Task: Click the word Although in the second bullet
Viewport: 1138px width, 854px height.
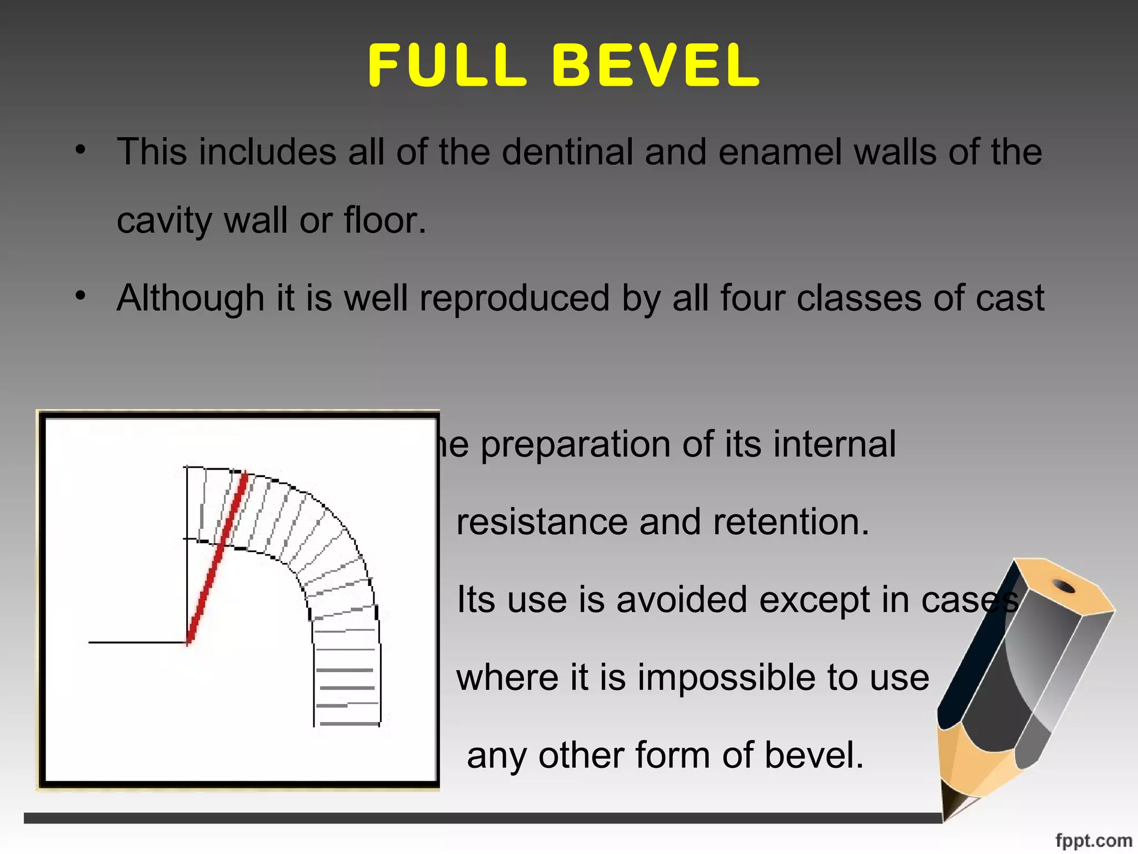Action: coord(190,298)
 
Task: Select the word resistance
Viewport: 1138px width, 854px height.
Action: coord(542,523)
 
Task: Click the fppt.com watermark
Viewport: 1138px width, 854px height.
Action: coord(1093,840)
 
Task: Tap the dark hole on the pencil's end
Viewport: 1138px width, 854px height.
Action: coord(1064,586)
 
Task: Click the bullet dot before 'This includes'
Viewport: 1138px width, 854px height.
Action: coord(81,150)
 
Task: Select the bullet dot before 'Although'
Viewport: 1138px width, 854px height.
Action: coord(81,296)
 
